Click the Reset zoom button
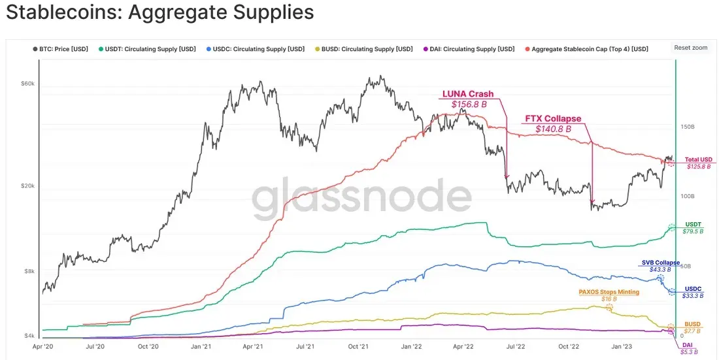point(691,48)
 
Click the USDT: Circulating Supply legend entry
point(146,49)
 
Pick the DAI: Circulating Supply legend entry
point(469,49)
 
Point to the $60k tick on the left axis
point(28,84)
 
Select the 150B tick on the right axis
point(687,126)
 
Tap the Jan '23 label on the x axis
point(620,347)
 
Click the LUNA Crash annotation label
point(468,94)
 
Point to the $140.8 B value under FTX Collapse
point(553,129)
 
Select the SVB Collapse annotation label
point(661,263)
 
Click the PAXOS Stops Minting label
point(609,292)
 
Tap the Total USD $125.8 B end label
point(697,163)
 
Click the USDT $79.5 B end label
point(694,228)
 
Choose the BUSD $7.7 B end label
point(692,327)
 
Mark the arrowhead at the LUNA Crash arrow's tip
point(507,177)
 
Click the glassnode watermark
point(362,198)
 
